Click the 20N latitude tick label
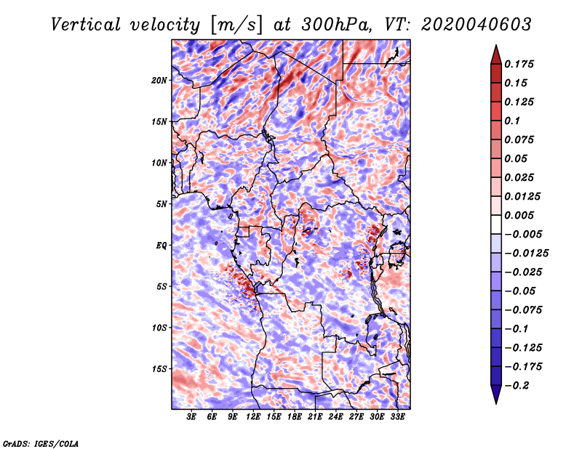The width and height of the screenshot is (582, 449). [159, 80]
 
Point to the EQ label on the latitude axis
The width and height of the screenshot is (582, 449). [162, 246]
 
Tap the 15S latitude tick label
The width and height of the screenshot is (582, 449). [159, 369]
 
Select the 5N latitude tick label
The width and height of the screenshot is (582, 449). [162, 204]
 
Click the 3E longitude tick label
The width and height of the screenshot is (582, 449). [191, 417]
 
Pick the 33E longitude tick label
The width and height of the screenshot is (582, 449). [397, 417]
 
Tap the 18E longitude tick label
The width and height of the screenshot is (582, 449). [295, 417]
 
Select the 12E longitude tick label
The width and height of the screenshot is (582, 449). [253, 417]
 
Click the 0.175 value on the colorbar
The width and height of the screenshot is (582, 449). [519, 64]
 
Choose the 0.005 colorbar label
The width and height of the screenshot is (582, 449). [519, 215]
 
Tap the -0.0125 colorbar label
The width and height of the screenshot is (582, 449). [526, 254]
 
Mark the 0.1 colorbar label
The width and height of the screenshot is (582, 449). [512, 121]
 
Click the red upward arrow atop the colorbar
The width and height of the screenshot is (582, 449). [496, 54]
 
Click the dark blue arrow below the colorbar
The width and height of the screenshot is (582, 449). [496, 395]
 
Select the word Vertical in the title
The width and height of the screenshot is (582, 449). [86, 25]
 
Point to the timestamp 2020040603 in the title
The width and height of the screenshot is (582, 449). [477, 25]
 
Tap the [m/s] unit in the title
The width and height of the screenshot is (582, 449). [238, 25]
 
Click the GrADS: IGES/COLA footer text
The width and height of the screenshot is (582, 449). [41, 443]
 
